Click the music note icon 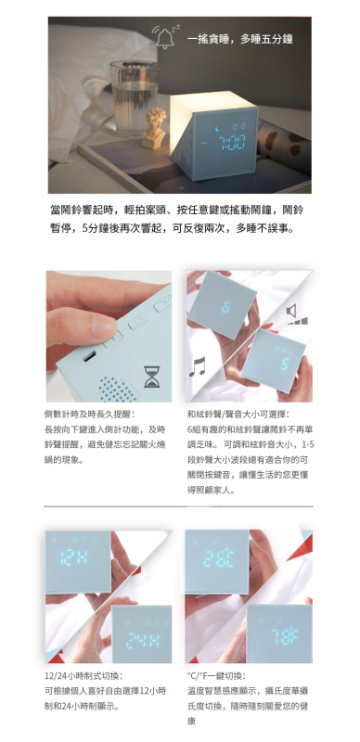[x=199, y=366]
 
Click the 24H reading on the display [x=142, y=639]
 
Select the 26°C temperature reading [x=219, y=558]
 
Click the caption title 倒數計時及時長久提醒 [x=89, y=414]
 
